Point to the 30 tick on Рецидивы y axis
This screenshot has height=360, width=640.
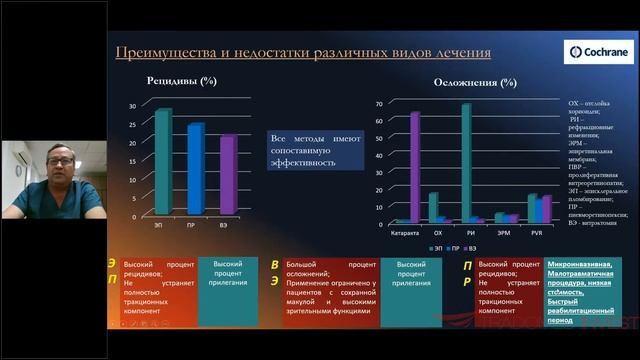point(132,107)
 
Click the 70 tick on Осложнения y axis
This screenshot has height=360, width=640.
point(381,103)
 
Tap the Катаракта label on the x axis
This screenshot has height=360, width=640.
point(404,231)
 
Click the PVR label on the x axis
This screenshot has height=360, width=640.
point(539,231)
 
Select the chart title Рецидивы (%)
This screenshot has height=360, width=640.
point(183,80)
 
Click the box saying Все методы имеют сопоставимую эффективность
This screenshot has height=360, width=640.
point(307,150)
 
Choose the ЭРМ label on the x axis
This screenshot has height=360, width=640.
point(506,231)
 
